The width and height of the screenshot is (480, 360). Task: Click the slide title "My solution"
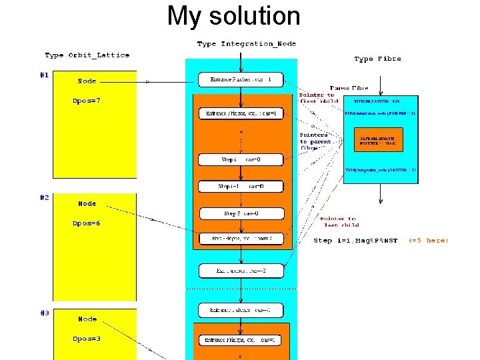pos(233,16)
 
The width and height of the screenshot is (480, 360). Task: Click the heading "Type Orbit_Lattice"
pos(87,55)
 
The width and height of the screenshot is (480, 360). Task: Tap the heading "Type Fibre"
pos(377,59)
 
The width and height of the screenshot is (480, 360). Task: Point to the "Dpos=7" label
pos(87,101)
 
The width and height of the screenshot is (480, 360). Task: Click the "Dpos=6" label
pos(87,223)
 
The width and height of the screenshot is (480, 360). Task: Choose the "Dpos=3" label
pos(87,339)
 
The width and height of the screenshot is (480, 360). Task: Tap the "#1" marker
pos(44,75)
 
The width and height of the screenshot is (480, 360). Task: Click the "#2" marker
pos(44,198)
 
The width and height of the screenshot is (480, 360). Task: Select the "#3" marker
pos(44,313)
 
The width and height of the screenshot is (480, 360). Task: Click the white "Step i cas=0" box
pos(241,160)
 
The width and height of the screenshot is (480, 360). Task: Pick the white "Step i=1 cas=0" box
pos(241,187)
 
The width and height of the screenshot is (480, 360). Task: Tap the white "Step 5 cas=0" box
pos(241,213)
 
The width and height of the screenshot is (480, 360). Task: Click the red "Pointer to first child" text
pos(317,98)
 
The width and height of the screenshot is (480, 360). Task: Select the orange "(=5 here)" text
pos(428,241)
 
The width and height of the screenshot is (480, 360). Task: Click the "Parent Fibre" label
pos(349,87)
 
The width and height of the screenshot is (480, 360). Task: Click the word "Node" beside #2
pos(87,203)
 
